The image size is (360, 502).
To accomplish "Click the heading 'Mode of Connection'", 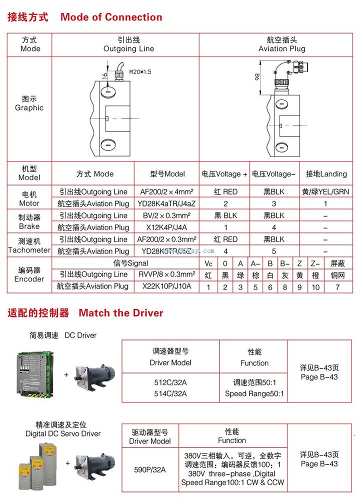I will [x=111, y=17].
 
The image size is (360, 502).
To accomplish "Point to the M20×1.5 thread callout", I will [x=140, y=72].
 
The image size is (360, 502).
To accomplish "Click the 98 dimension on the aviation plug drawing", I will [x=257, y=77].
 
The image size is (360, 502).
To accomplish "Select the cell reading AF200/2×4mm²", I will [x=167, y=192].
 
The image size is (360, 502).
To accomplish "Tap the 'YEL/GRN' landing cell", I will [x=325, y=192].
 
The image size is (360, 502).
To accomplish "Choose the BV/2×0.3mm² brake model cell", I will [x=167, y=215].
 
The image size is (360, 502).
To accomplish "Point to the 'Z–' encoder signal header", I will [x=315, y=263].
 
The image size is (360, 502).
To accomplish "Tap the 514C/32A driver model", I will [x=170, y=393].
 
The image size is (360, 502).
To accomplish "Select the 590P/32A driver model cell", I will [x=150, y=470].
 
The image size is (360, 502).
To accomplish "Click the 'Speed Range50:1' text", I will [x=254, y=394].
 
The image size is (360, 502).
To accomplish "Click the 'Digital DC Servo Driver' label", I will [x=63, y=433].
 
